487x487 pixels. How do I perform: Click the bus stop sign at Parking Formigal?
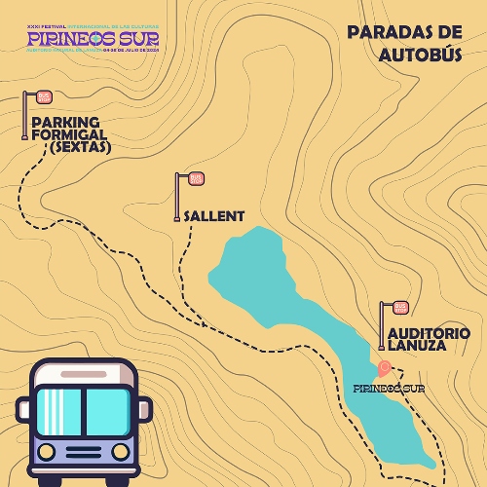pyautogui.click(x=43, y=97)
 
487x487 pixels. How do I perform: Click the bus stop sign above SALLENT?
pyautogui.click(x=196, y=178)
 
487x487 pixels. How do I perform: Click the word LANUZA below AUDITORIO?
pyautogui.click(x=415, y=346)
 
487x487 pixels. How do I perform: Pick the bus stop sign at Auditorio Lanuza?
pyautogui.click(x=400, y=308)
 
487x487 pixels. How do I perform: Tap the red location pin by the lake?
pyautogui.click(x=385, y=368)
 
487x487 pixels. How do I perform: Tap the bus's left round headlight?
pyautogui.click(x=45, y=451)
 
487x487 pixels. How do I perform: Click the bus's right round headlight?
pyautogui.click(x=120, y=451)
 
